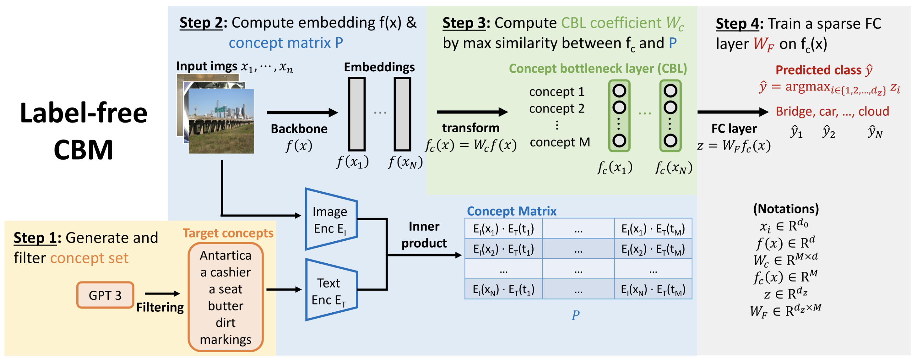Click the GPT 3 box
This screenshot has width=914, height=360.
tap(105, 295)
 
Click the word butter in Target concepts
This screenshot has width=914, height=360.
tap(226, 306)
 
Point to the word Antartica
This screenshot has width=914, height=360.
tap(226, 255)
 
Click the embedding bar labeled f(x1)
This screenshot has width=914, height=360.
tap(357, 114)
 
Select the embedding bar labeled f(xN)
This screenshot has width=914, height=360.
tap(402, 114)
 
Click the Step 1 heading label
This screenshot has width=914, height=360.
tap(35, 238)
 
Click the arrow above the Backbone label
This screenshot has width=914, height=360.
tap(302, 113)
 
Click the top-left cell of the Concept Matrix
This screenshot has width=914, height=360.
tap(503, 229)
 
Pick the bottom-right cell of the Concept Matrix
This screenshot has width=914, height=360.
tap(653, 289)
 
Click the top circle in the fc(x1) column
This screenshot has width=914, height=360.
tap(619, 91)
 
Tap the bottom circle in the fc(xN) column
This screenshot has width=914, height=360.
tap(670, 141)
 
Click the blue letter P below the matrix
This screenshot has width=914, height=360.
tap(575, 315)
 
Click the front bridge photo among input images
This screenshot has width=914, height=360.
tap(221, 121)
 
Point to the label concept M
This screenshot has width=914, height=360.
tap(560, 142)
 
